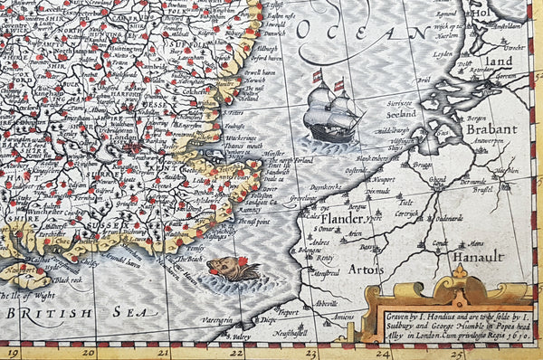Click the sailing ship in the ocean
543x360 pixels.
(332, 110)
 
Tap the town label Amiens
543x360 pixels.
(342, 317)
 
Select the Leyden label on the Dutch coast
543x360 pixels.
(443, 54)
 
